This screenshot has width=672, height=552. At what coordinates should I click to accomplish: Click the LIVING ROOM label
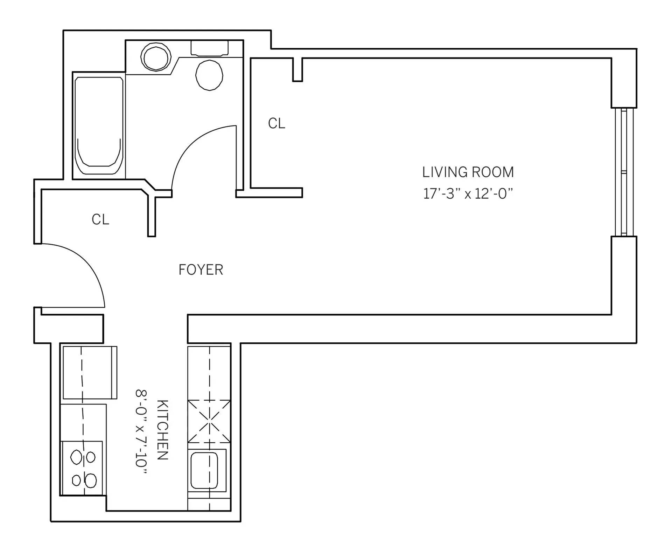(468, 172)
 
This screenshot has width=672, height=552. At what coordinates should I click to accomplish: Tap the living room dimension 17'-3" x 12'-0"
(468, 193)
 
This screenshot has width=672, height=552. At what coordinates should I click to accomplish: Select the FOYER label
(201, 270)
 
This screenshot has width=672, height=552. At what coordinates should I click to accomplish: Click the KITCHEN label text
(162, 430)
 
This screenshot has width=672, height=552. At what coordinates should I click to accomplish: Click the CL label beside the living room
(276, 123)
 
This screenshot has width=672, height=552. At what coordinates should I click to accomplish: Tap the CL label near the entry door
(100, 220)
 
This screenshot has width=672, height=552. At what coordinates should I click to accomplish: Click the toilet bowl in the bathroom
(209, 75)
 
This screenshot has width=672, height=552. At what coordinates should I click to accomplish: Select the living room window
(624, 172)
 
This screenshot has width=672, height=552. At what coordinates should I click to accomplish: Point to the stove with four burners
(83, 468)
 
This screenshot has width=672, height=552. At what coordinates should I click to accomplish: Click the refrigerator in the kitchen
(90, 372)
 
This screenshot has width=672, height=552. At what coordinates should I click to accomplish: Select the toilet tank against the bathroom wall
(209, 48)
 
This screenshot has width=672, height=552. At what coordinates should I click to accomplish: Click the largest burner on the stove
(91, 480)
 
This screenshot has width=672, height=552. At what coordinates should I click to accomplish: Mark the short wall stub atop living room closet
(297, 69)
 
